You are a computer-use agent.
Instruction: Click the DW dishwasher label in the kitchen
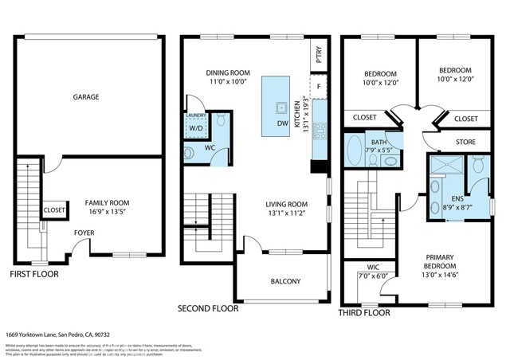(x=282, y=123)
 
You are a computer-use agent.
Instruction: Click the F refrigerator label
(x=319, y=86)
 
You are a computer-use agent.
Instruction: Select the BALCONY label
(x=285, y=281)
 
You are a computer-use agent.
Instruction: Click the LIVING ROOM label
(x=287, y=204)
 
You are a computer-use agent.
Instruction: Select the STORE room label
(x=465, y=143)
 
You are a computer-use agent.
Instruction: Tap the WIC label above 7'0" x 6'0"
(x=372, y=267)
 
